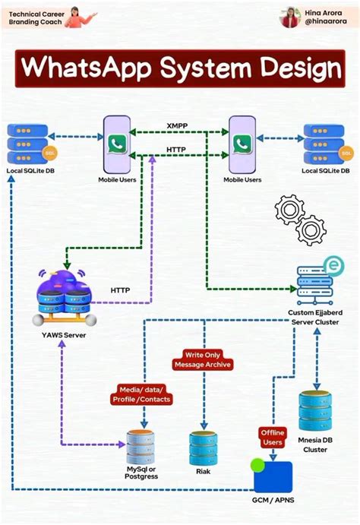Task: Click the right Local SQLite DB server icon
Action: (325, 144)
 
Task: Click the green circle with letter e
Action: (333, 265)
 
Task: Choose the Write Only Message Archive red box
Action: (203, 359)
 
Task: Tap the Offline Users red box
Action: (273, 437)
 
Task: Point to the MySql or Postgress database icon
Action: (141, 448)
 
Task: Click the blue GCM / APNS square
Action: (273, 476)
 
